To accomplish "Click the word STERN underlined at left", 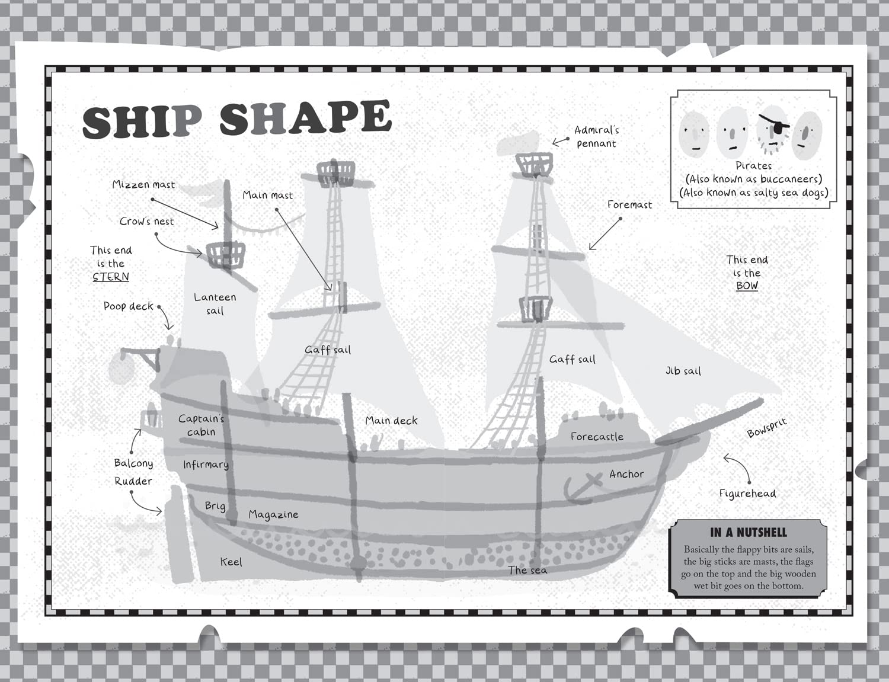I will [x=111, y=277].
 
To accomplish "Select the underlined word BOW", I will [x=747, y=286].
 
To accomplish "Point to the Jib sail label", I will [x=683, y=371].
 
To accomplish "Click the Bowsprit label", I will [x=766, y=427].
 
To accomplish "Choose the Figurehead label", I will [x=747, y=494].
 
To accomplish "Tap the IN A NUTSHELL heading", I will [x=748, y=532].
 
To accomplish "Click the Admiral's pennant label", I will [x=596, y=136].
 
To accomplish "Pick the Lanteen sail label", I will [x=215, y=303].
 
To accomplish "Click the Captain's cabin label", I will [x=201, y=425].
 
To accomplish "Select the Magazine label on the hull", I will [x=273, y=515].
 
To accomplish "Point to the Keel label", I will [x=231, y=562].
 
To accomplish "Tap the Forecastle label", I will [x=597, y=437].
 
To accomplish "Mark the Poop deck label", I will [x=128, y=306].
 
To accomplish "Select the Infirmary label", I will [x=206, y=465].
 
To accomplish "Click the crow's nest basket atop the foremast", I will [x=534, y=164].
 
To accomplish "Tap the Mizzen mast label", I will [x=143, y=185].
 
